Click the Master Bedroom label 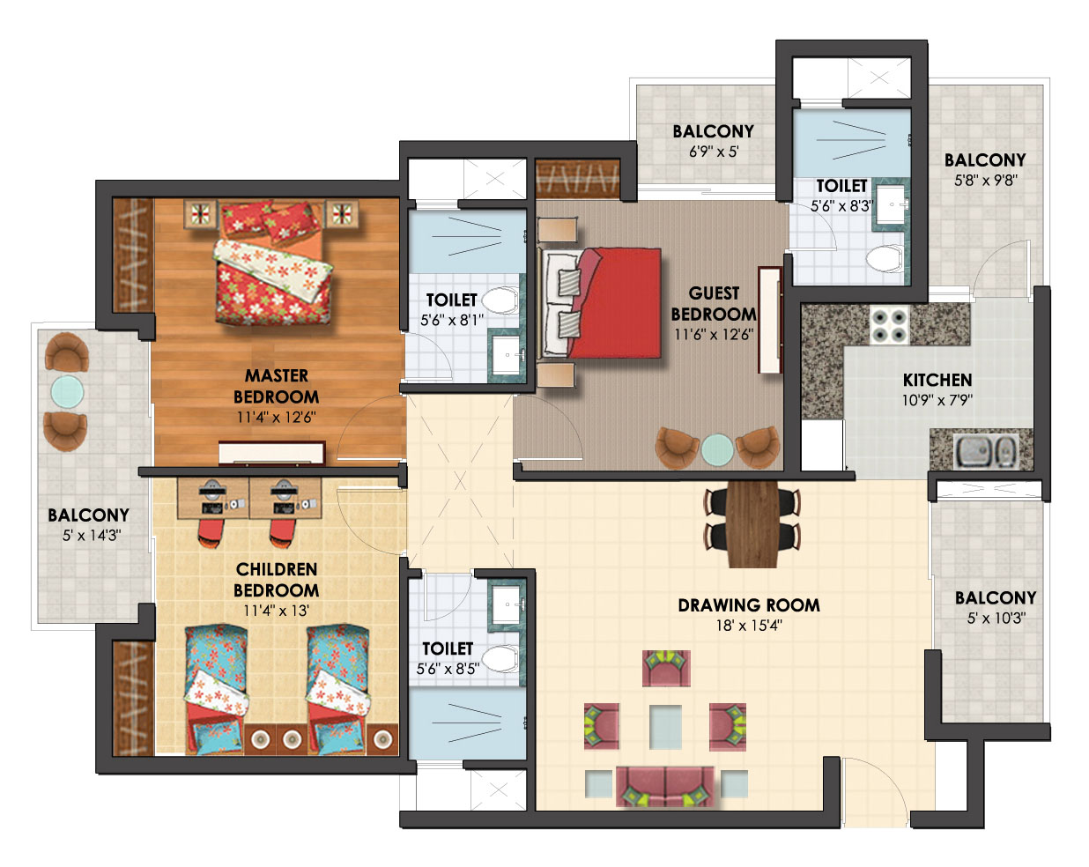tap(276, 386)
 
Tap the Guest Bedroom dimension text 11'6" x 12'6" tap(714, 335)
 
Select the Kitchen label tap(937, 380)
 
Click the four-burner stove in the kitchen tap(889, 325)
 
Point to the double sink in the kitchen tap(985, 450)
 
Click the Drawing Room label tap(748, 605)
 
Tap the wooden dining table tap(752, 524)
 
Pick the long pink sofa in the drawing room tap(664, 787)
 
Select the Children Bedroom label tap(277, 580)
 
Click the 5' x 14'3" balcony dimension tap(91, 536)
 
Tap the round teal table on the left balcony tap(67, 391)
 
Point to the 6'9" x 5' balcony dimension tap(714, 152)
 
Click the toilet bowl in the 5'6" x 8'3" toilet tap(884, 259)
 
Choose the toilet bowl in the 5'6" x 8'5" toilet tap(500, 658)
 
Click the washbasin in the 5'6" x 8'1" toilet tap(506, 354)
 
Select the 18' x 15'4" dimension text tap(748, 626)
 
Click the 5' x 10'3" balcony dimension tap(996, 618)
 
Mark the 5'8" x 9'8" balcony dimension tap(985, 181)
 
